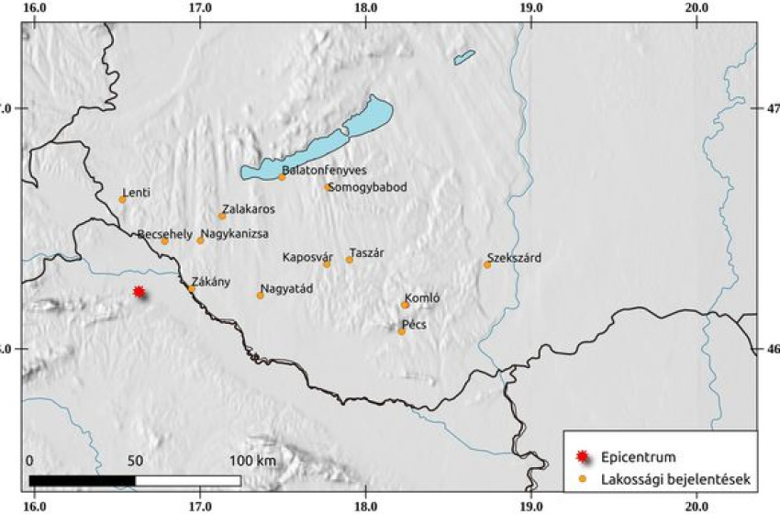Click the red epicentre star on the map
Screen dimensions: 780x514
pyautogui.click(x=139, y=292)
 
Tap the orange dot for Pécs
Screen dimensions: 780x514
pyautogui.click(x=401, y=331)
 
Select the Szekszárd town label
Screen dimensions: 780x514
pyautogui.click(x=514, y=258)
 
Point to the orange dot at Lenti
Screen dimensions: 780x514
pyautogui.click(x=122, y=199)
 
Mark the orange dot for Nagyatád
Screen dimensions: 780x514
pyautogui.click(x=260, y=296)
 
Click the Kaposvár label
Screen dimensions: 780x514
pyautogui.click(x=306, y=256)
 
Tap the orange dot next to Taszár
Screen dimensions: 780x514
pyautogui.click(x=349, y=260)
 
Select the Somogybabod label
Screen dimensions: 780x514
pyautogui.click(x=367, y=187)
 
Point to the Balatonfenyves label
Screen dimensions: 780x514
pyautogui.click(x=325, y=171)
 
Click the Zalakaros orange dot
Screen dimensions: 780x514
pyautogui.click(x=222, y=216)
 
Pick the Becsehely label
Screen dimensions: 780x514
pyautogui.click(x=165, y=234)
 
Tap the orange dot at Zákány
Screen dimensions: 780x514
pyautogui.click(x=191, y=289)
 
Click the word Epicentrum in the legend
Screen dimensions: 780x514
pyautogui.click(x=634, y=456)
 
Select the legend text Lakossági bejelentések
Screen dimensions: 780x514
pyautogui.click(x=676, y=478)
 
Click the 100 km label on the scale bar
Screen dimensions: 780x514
pyautogui.click(x=253, y=460)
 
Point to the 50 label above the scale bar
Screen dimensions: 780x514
pyautogui.click(x=136, y=460)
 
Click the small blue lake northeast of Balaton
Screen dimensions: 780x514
pyautogui.click(x=464, y=58)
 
